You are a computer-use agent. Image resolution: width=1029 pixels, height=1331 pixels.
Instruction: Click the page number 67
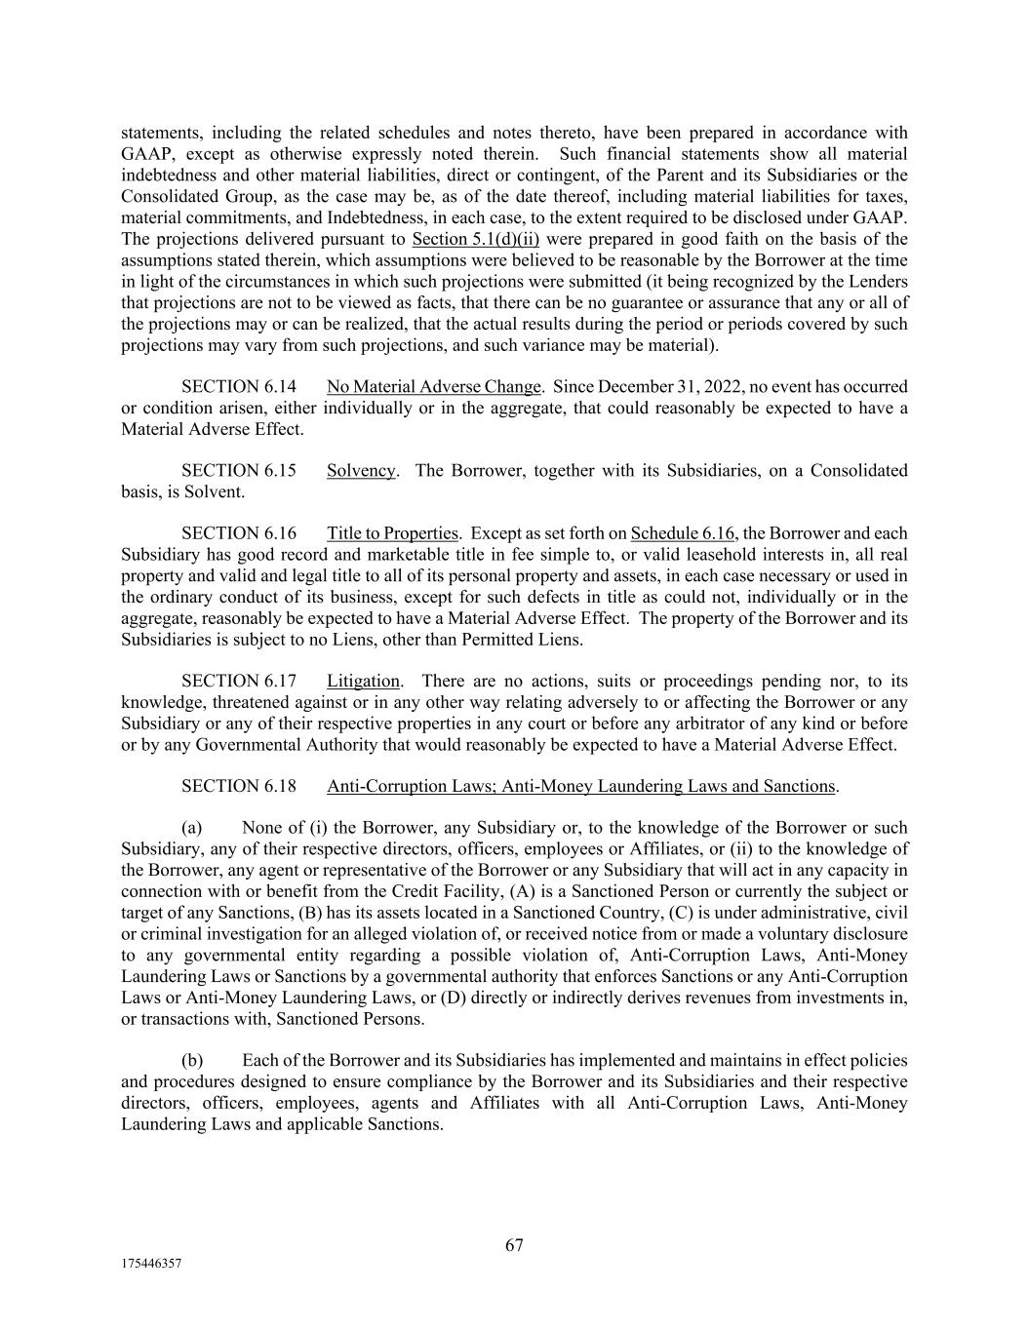514,1245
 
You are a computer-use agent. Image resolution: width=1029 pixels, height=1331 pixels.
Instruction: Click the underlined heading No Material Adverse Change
433,386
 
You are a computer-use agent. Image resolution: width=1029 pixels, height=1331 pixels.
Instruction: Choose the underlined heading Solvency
361,470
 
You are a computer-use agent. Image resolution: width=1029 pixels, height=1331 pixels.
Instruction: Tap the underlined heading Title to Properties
392,533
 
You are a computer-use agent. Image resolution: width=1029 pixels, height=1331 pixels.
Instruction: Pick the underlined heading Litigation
363,681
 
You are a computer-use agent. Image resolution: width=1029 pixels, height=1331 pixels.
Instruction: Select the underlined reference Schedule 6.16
683,533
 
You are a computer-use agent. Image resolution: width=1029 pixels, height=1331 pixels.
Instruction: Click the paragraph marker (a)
192,828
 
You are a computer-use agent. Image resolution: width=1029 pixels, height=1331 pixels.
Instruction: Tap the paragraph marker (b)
192,1060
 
